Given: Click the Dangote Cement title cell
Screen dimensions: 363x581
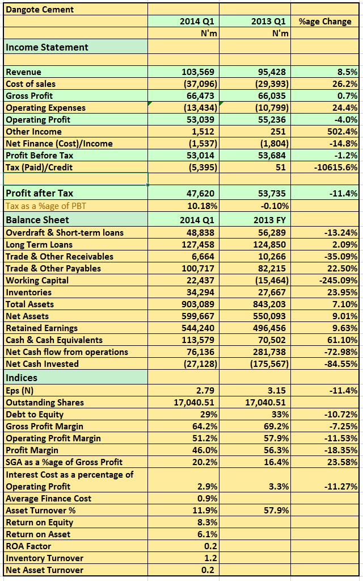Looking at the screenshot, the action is [x=40, y=10].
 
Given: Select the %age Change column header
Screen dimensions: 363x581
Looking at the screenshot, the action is [x=325, y=22].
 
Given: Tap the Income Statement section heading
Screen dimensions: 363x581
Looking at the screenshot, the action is [x=47, y=48].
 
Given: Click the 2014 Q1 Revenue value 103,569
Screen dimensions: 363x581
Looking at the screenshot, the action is [x=198, y=72].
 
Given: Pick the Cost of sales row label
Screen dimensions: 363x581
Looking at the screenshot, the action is [x=31, y=83].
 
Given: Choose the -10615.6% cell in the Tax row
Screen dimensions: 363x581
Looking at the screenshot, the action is [x=336, y=168].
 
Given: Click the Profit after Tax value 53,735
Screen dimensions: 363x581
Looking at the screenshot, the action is [x=272, y=194].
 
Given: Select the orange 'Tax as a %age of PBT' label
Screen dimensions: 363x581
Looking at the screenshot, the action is [x=46, y=206].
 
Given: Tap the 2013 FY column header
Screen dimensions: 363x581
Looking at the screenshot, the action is [x=269, y=220].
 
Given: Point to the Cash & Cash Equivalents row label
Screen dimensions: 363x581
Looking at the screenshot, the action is [x=54, y=340].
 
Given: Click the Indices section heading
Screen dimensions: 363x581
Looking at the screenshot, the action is [x=22, y=378].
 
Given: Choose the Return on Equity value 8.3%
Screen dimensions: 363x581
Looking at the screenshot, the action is [x=208, y=523].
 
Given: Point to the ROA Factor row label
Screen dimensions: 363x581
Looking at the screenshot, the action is [x=28, y=546].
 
